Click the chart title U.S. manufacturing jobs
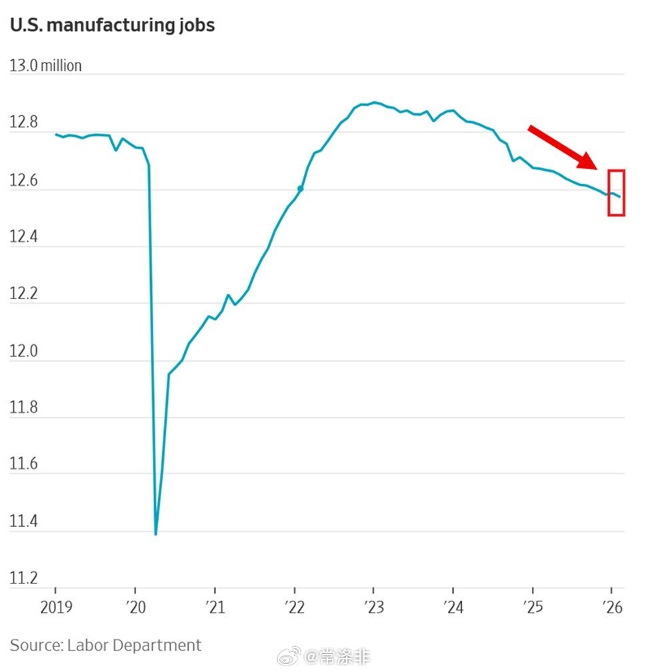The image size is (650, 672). click(x=112, y=26)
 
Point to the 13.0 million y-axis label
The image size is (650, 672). click(x=45, y=66)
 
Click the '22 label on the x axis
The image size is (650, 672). click(x=294, y=607)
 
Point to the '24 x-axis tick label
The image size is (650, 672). click(x=453, y=607)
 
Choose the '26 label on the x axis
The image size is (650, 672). click(x=612, y=607)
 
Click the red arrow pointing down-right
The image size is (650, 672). click(x=562, y=147)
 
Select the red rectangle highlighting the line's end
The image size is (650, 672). click(x=616, y=192)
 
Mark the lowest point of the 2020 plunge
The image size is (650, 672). click(x=155, y=533)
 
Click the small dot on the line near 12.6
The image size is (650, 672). click(x=301, y=188)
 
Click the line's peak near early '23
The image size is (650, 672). click(x=374, y=102)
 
